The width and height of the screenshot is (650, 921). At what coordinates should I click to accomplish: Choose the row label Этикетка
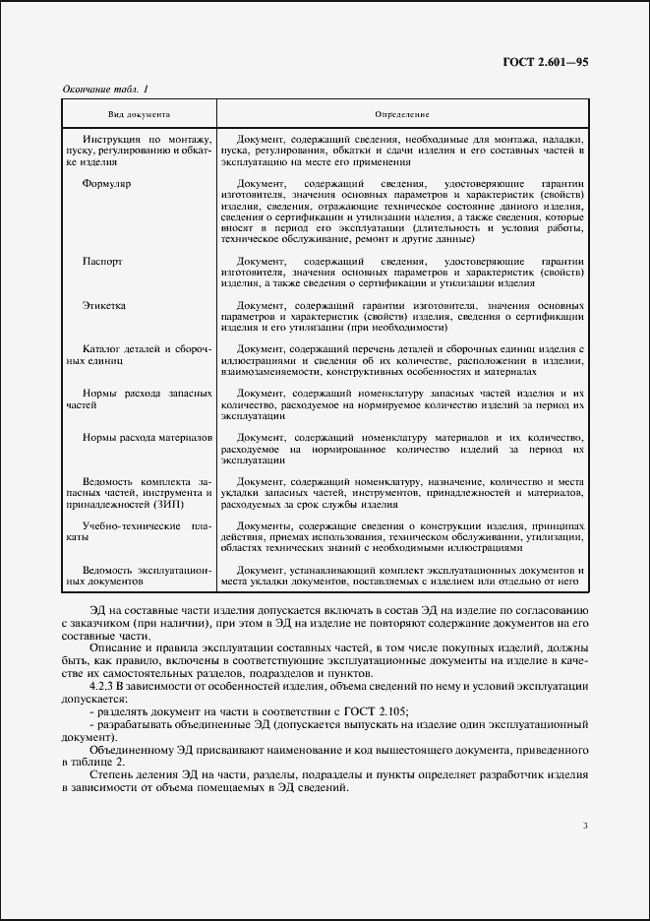(x=104, y=306)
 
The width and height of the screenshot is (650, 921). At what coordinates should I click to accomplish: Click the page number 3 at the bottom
(x=584, y=825)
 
